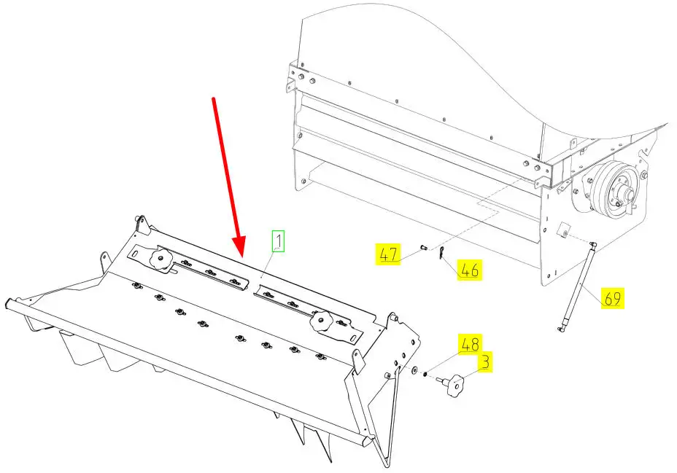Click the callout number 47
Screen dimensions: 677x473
(x=387, y=254)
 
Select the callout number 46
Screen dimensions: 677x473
(x=469, y=270)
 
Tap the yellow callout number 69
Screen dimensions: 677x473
(x=613, y=298)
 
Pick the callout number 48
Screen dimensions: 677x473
(x=470, y=344)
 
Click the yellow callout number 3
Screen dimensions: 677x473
(x=485, y=361)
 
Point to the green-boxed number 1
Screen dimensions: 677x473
(x=278, y=241)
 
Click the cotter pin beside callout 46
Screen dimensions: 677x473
(x=440, y=254)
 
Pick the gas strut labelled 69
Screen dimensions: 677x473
(x=577, y=287)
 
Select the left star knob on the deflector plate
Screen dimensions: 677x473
(x=160, y=259)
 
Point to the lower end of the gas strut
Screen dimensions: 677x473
(x=560, y=330)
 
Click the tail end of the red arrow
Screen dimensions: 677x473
(x=213, y=98)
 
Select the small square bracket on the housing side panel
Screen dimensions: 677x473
(x=564, y=230)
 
